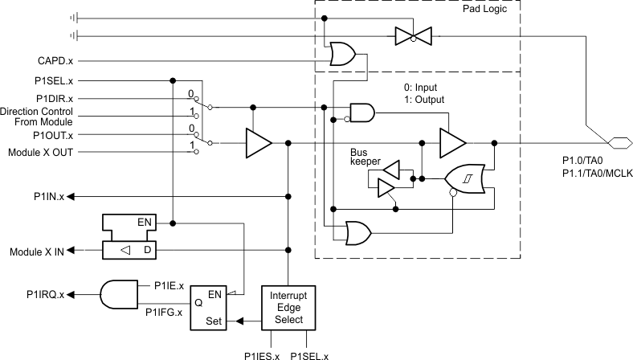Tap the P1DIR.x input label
[x=52, y=97]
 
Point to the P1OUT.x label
[x=52, y=135]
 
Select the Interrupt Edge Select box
[x=287, y=306]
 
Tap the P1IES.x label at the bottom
[x=262, y=354]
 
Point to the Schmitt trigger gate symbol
[x=463, y=178]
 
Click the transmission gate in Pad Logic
[x=411, y=35]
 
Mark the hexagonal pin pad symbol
[x=618, y=143]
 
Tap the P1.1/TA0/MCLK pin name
[x=596, y=173]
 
